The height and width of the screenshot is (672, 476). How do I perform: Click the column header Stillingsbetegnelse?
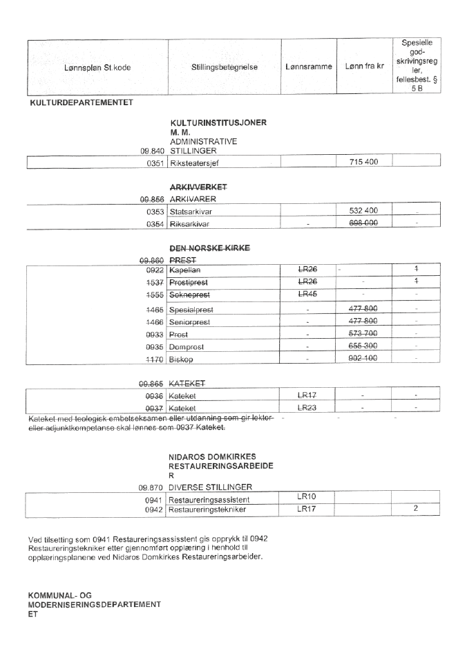[x=225, y=67]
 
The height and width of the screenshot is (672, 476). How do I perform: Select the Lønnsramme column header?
[x=308, y=67]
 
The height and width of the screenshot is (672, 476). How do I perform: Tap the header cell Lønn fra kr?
[x=364, y=67]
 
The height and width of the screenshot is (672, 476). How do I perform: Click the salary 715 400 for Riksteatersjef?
[x=364, y=162]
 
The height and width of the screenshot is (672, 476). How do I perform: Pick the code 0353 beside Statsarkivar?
[x=155, y=210]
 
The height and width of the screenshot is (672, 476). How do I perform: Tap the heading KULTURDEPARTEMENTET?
[x=80, y=104]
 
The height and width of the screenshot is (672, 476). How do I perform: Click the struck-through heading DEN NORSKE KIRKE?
[x=210, y=248]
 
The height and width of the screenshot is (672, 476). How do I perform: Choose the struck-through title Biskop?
[x=182, y=360]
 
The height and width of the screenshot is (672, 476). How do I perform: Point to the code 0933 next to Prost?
[x=155, y=334]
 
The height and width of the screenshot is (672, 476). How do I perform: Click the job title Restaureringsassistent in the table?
[x=209, y=499]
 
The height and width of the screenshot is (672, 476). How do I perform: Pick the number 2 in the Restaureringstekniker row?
[x=416, y=510]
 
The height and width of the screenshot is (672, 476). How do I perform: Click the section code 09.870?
[x=151, y=487]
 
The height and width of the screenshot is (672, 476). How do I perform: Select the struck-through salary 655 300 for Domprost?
[x=364, y=346]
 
